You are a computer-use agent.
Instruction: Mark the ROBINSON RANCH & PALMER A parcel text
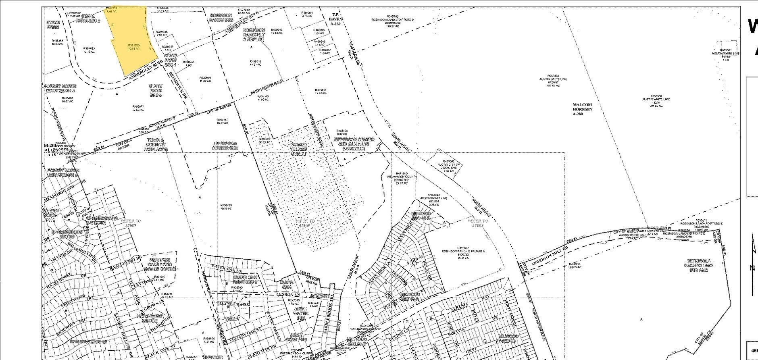click(x=463, y=251)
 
